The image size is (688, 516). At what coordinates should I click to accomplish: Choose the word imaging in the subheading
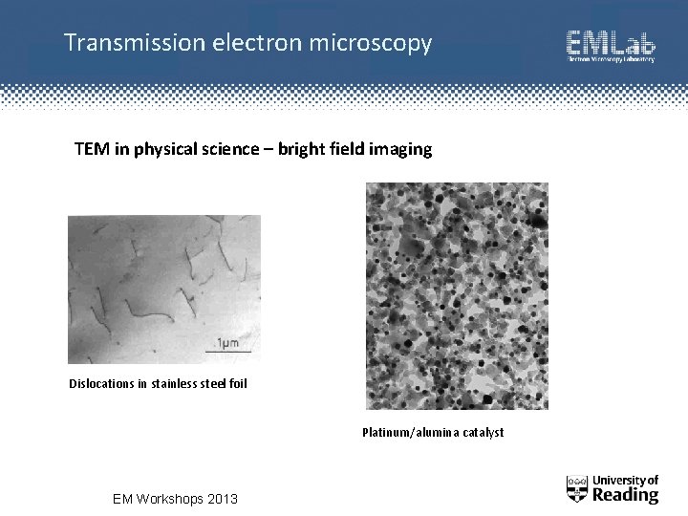[x=401, y=150]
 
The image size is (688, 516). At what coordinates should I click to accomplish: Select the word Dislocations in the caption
[x=101, y=385]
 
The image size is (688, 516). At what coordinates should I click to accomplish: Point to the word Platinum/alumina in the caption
[x=405, y=433]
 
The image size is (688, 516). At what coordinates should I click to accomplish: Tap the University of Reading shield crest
[x=576, y=489]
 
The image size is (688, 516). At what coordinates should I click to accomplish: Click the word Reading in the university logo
[x=626, y=495]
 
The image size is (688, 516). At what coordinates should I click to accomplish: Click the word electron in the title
[x=236, y=43]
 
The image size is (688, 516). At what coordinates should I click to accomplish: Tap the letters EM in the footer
[x=123, y=499]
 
